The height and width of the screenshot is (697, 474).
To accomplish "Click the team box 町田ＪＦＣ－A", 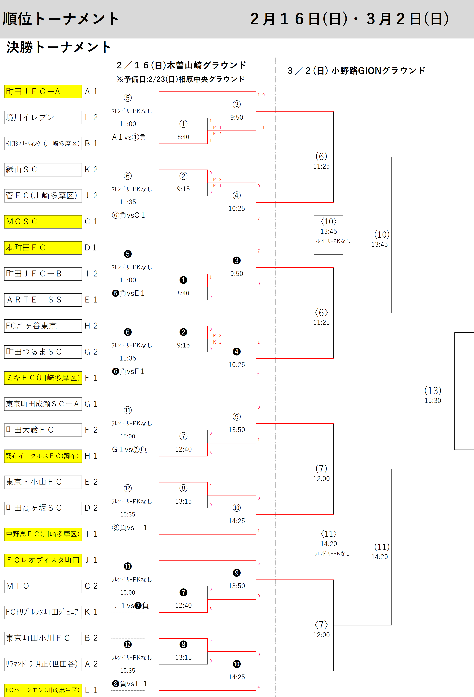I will [43, 91].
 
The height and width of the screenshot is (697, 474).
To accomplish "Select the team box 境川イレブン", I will [43, 117].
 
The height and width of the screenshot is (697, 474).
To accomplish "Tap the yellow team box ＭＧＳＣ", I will [43, 222].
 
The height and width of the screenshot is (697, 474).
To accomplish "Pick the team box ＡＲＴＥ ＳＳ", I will [43, 300].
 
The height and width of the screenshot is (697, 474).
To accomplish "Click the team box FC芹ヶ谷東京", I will [43, 326].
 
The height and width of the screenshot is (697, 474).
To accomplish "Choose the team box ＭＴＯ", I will [43, 586].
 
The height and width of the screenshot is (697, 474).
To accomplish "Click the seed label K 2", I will [91, 169].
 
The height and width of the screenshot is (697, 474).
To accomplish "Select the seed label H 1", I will [91, 456].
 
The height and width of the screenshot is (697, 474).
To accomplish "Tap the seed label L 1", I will [91, 690].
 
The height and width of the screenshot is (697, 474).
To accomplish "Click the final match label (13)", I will [432, 390].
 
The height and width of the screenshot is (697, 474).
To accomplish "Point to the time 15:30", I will [432, 401].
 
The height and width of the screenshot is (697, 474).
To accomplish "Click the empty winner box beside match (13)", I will [464, 391].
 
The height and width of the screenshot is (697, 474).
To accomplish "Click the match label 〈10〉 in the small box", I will [329, 222].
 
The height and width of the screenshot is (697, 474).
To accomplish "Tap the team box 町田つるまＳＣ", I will [43, 352].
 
